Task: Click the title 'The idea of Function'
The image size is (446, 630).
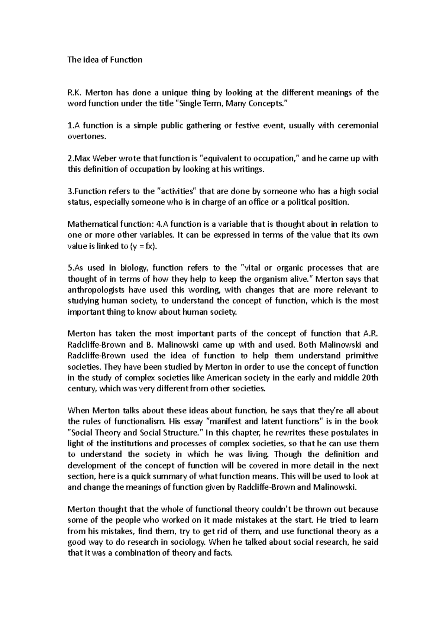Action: pos(105,60)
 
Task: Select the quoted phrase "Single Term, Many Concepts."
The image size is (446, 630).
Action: pos(230,104)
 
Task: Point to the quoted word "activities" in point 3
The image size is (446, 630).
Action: pos(179,191)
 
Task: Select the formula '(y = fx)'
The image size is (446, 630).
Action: pos(144,246)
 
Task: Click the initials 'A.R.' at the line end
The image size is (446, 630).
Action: pos(370,334)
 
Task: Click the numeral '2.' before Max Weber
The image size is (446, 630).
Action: pos(71,158)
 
